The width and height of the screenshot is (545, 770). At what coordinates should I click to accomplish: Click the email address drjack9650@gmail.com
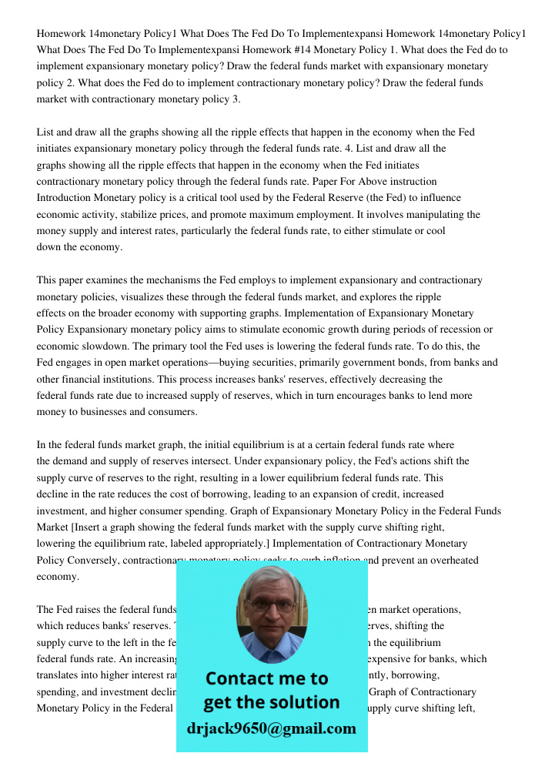tap(271, 728)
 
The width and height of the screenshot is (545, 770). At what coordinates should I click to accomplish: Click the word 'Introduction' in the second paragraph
tap(66, 198)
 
